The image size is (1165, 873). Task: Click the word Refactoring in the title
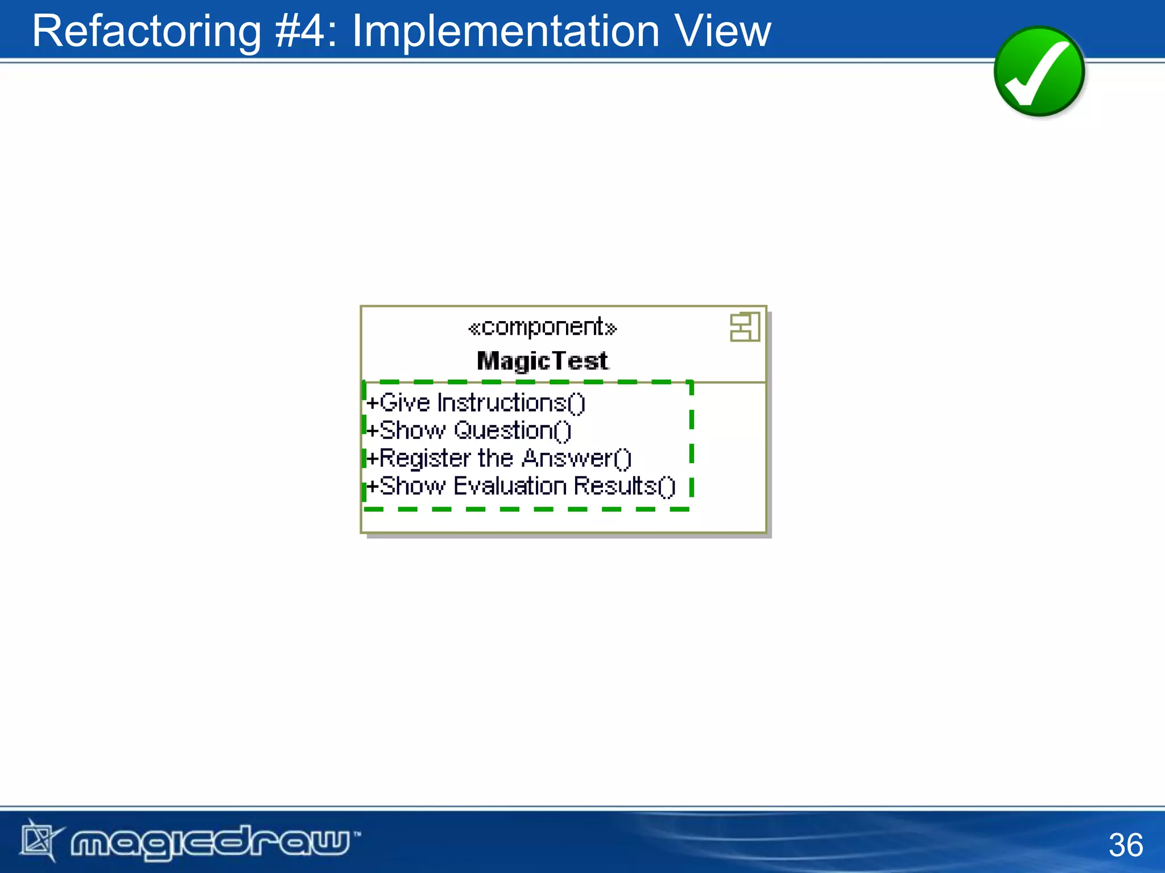point(147,31)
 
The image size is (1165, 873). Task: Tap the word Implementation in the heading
point(506,31)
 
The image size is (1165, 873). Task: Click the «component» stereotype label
point(542,327)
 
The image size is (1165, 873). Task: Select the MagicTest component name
point(542,361)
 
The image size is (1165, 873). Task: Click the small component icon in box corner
point(745,327)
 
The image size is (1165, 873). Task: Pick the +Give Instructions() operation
point(476,403)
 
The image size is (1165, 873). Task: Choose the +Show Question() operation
point(469,431)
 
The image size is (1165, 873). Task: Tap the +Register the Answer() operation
point(499,458)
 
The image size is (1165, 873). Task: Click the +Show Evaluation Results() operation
point(520,486)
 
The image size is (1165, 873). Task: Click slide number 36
point(1125,845)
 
